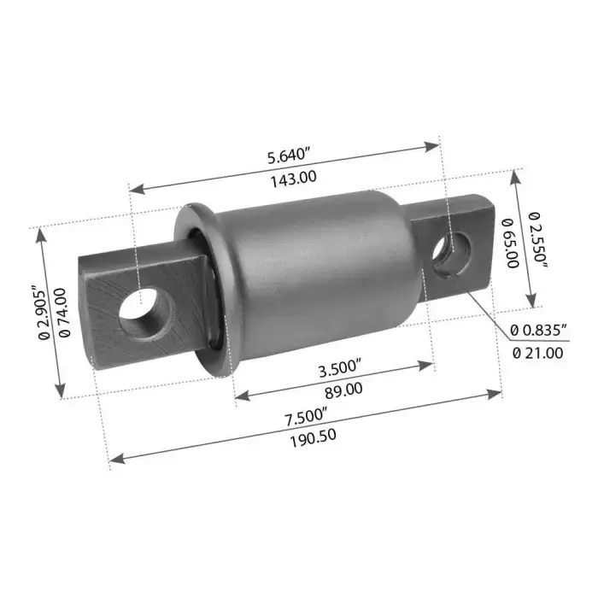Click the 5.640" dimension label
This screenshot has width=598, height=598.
pyautogui.click(x=288, y=156)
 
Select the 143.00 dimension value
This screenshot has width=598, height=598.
pyautogui.click(x=294, y=179)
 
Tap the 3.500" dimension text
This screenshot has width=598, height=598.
pyautogui.click(x=339, y=368)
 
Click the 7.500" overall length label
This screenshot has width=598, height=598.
pyautogui.click(x=306, y=416)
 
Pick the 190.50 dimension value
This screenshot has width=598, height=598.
pyautogui.click(x=314, y=438)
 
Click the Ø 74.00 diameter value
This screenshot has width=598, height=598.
pyautogui.click(x=64, y=313)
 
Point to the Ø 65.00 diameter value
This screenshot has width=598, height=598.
pyautogui.click(x=511, y=243)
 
